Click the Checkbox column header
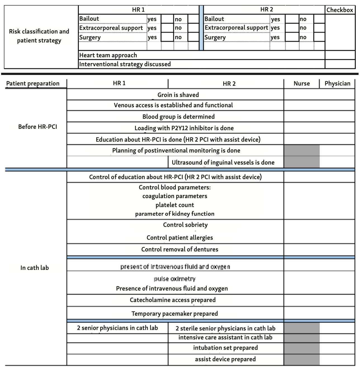(340, 10)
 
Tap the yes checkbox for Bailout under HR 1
(167, 19)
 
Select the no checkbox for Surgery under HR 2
(319, 37)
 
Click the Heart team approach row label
(108, 55)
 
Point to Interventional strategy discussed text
(125, 64)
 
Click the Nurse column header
(302, 84)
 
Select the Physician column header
(337, 84)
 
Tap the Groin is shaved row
(178, 95)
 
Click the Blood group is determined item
(178, 117)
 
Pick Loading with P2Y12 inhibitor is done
(184, 128)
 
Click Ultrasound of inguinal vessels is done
(223, 163)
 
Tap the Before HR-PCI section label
(37, 127)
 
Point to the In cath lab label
(35, 268)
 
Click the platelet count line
(175, 205)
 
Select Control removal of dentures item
(180, 249)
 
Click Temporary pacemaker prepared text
(175, 314)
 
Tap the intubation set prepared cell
(226, 348)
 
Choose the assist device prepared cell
(225, 359)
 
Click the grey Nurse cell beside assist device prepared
(302, 360)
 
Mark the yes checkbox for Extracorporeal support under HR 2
(292, 28)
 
